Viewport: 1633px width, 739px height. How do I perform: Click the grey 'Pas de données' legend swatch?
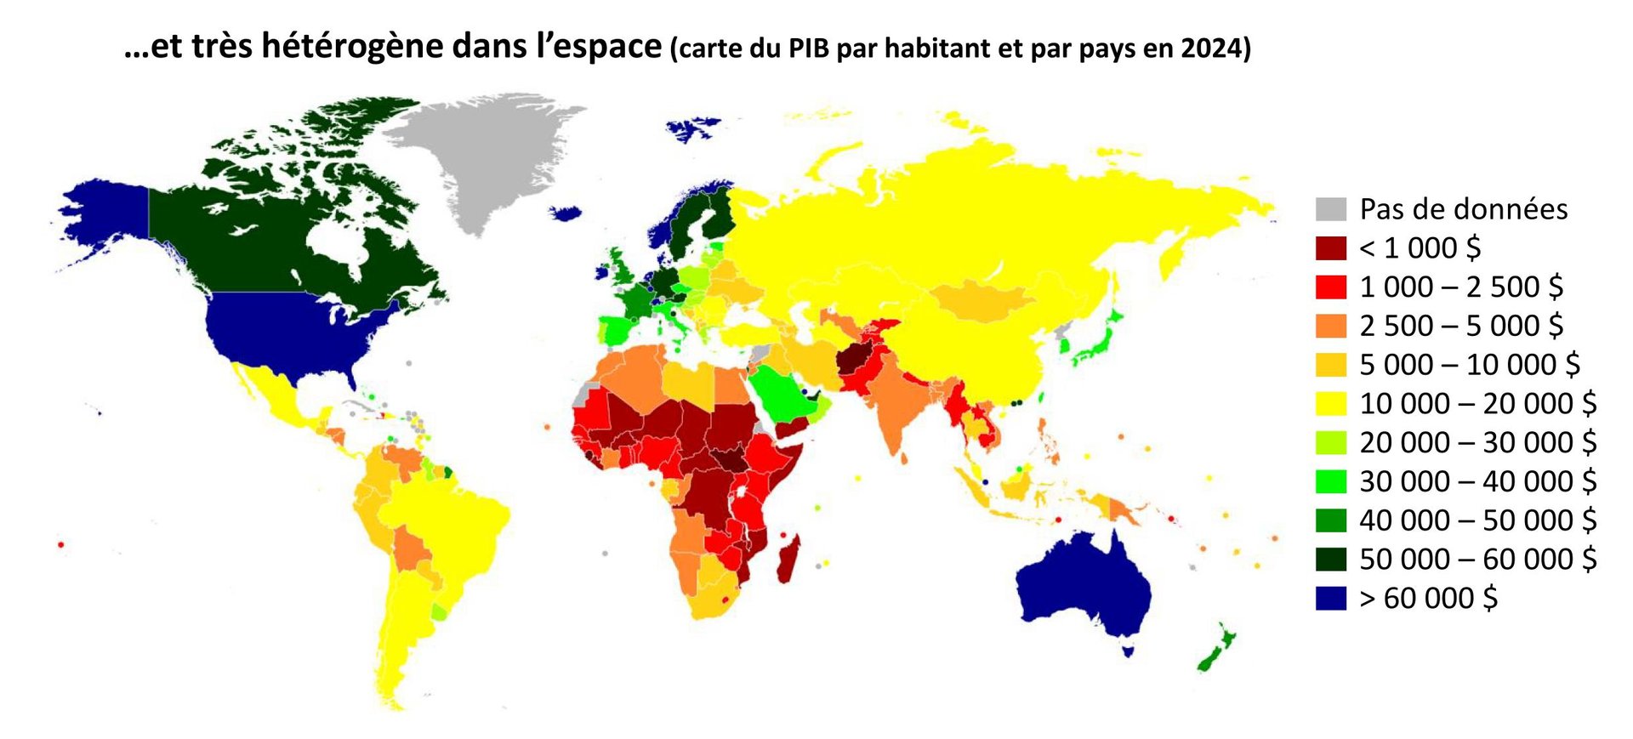[1331, 209]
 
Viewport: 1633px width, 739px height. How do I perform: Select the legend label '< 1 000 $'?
[1420, 248]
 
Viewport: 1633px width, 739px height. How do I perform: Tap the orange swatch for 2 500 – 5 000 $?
[1331, 326]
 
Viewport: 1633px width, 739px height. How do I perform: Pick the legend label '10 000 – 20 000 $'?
[1477, 404]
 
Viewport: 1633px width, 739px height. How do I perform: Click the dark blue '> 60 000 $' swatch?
[1331, 599]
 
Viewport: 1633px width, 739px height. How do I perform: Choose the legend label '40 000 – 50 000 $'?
[1477, 520]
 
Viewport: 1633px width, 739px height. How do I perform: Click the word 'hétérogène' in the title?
[352, 46]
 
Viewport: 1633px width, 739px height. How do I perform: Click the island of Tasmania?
[1128, 651]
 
